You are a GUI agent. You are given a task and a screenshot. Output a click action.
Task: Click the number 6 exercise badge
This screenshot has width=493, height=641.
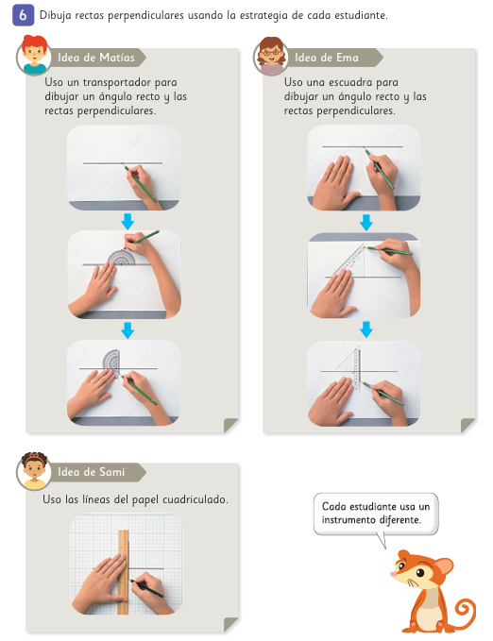pos(23,15)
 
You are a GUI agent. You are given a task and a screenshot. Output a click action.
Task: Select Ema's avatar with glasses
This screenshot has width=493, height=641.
pos(271,56)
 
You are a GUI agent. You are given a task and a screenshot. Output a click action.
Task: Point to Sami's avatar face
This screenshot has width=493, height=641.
pos(34,471)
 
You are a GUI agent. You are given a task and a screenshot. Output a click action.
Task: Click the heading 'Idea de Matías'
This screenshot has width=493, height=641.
pos(96,58)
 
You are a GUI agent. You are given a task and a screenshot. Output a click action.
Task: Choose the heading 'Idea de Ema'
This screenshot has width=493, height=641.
pos(327,58)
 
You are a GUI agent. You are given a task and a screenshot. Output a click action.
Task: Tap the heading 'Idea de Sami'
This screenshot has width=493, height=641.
pos(91,472)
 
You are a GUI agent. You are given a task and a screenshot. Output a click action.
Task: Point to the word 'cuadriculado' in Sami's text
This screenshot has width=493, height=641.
pos(195,499)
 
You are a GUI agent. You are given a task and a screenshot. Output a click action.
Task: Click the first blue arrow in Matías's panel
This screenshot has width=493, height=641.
pos(127,221)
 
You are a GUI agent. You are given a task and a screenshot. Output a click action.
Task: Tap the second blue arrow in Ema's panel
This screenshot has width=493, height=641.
pos(366,329)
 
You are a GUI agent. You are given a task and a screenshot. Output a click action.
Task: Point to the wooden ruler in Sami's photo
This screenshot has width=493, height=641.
pos(123,572)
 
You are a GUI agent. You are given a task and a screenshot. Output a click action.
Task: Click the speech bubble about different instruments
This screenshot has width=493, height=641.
pos(376,514)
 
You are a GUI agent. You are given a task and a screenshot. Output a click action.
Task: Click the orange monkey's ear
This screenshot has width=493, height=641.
pos(444,567)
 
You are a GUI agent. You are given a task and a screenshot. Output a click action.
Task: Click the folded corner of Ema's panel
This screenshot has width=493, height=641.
pos(468,425)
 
